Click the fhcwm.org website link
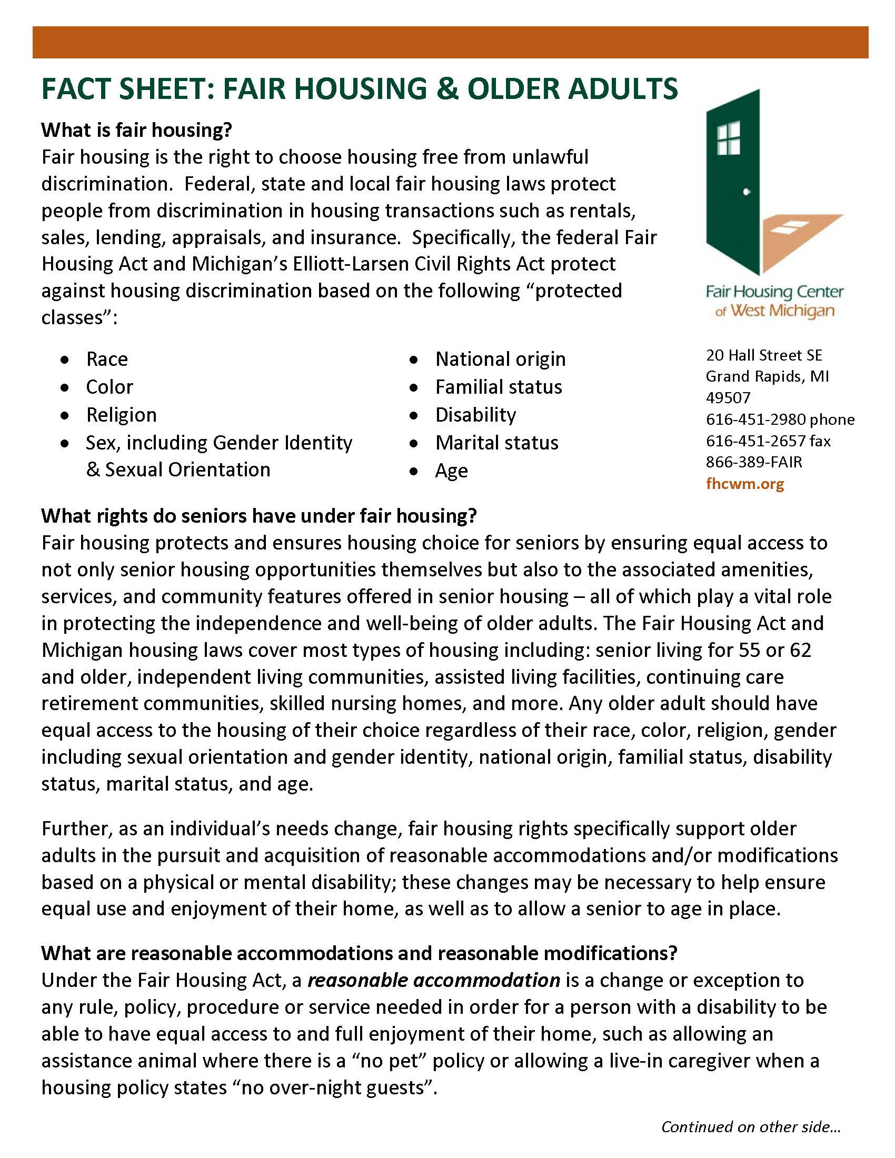[744, 484]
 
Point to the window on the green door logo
[728, 138]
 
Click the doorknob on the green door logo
[747, 192]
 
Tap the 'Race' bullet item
[106, 360]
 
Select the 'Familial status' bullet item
[499, 387]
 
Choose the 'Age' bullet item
[451, 471]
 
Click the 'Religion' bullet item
[122, 415]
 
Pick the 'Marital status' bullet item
[497, 443]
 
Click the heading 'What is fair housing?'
[137, 130]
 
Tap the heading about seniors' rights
[259, 516]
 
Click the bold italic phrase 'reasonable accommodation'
[434, 981]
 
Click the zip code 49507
[728, 397]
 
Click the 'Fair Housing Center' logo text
[774, 292]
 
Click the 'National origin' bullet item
[500, 360]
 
